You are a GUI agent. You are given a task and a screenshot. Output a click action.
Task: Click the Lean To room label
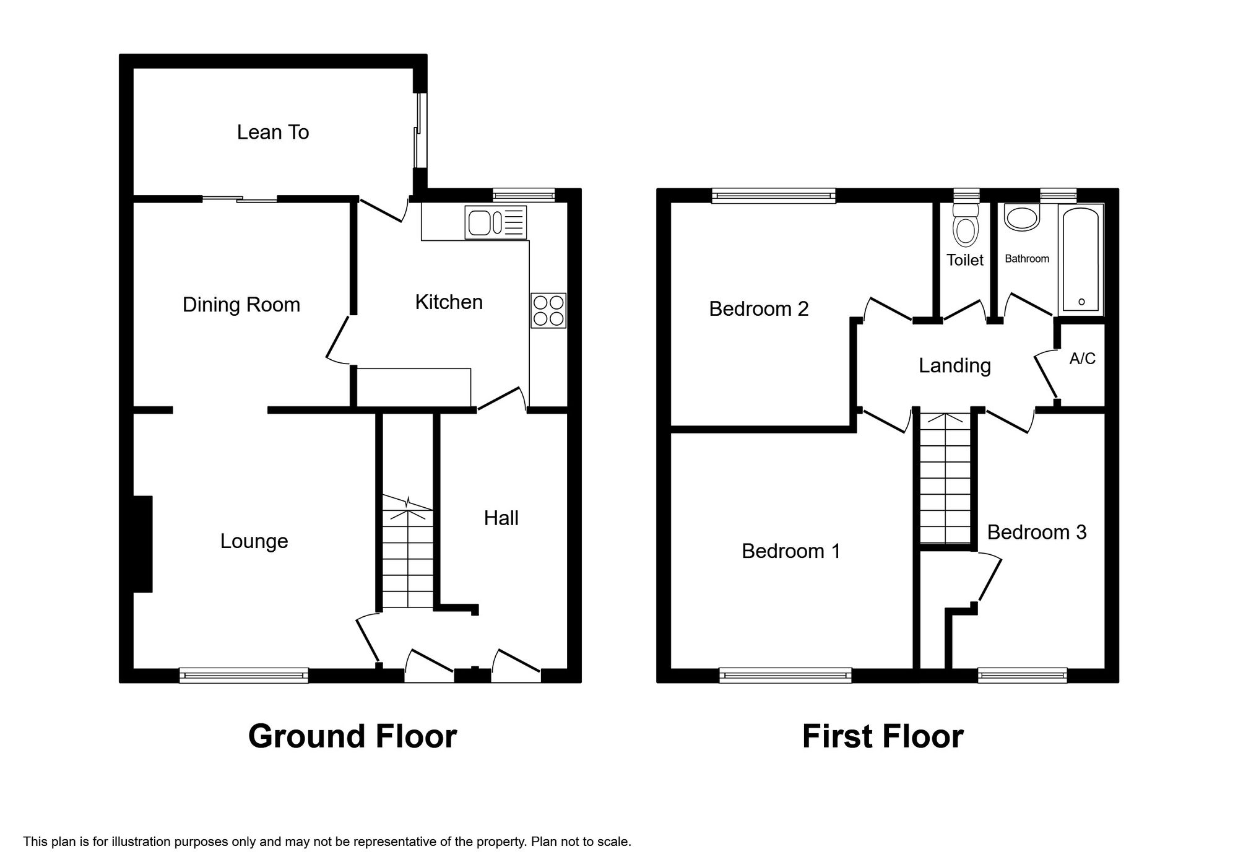point(273,132)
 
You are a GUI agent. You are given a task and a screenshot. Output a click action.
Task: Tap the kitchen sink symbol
point(496,223)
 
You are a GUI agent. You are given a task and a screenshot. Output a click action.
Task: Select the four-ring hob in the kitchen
point(548,310)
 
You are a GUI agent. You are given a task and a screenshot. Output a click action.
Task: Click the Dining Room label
point(241,305)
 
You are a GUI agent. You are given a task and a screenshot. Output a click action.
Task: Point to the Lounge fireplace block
point(144,544)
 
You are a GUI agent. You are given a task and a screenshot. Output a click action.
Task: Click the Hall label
point(501,518)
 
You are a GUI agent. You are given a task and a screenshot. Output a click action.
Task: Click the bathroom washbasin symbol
point(1021,219)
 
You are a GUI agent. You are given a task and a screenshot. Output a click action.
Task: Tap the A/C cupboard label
point(1082,359)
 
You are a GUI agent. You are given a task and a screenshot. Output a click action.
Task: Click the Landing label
point(954,365)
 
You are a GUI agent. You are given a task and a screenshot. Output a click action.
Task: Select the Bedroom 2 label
point(758,308)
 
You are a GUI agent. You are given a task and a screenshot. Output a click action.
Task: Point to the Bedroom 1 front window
point(785,675)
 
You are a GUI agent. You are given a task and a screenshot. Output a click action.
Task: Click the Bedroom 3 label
point(1036,532)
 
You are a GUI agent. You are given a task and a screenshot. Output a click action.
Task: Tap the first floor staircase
point(945,480)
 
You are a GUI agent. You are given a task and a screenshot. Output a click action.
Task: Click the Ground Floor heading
point(352,736)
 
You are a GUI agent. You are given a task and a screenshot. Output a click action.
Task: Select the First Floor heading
point(882,736)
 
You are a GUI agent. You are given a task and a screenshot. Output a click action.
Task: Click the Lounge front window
point(244,675)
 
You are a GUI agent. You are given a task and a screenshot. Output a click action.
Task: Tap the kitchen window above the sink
point(523,196)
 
